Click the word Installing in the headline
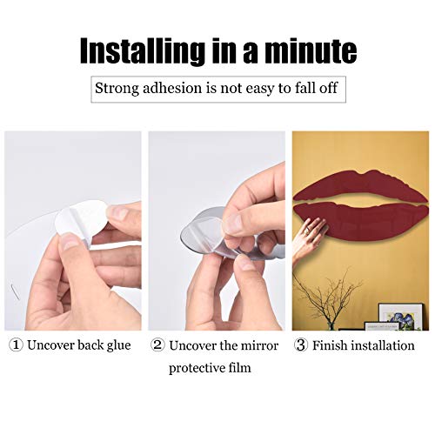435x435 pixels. point(141,51)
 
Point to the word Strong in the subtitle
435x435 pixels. point(117,89)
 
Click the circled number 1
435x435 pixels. point(16,345)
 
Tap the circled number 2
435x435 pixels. point(157,345)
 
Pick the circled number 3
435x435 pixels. point(301,345)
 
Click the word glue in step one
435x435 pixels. point(118,346)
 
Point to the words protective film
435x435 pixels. point(210,368)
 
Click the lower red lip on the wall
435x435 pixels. point(361,220)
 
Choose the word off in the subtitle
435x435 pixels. point(328,88)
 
